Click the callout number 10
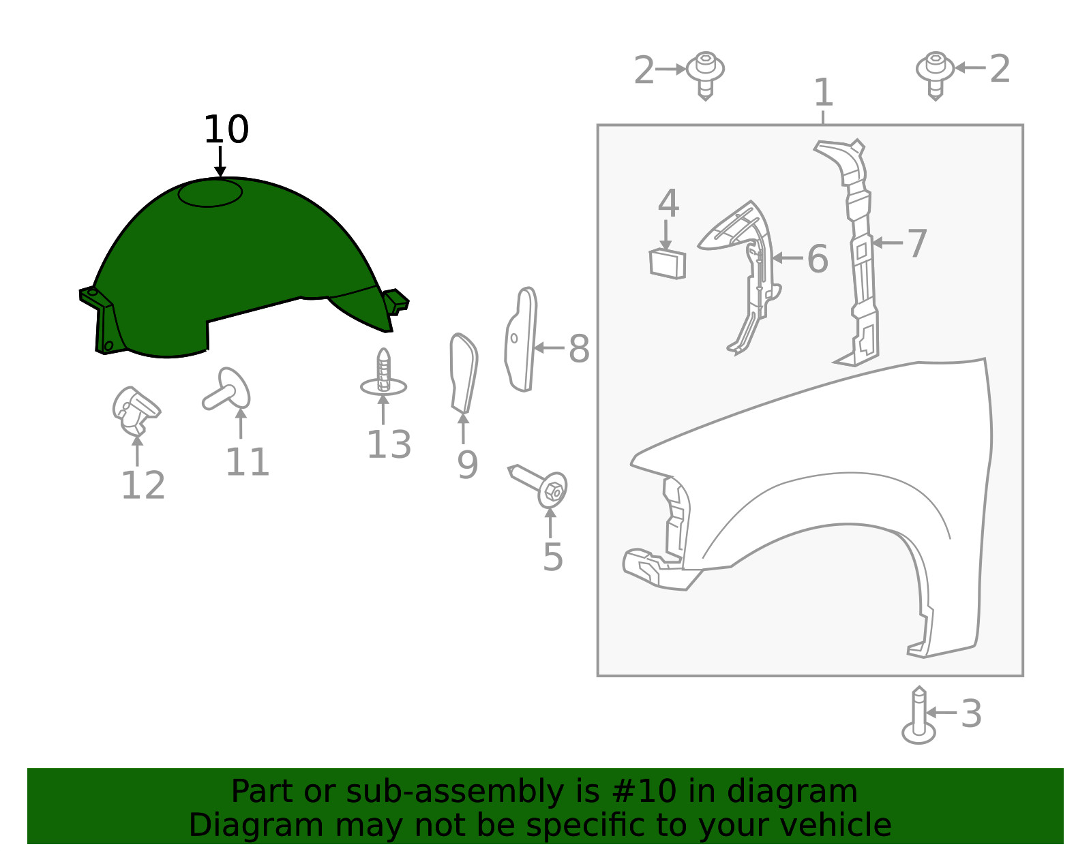click(226, 129)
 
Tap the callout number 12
click(143, 485)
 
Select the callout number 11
click(247, 462)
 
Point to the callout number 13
click(389, 444)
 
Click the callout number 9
click(467, 465)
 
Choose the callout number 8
click(579, 349)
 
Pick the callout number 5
click(553, 557)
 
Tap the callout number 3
click(971, 713)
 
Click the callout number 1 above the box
click(824, 92)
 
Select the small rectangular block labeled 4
click(668, 264)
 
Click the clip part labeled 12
click(136, 412)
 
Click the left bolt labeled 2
click(706, 76)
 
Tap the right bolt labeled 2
click(935, 76)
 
